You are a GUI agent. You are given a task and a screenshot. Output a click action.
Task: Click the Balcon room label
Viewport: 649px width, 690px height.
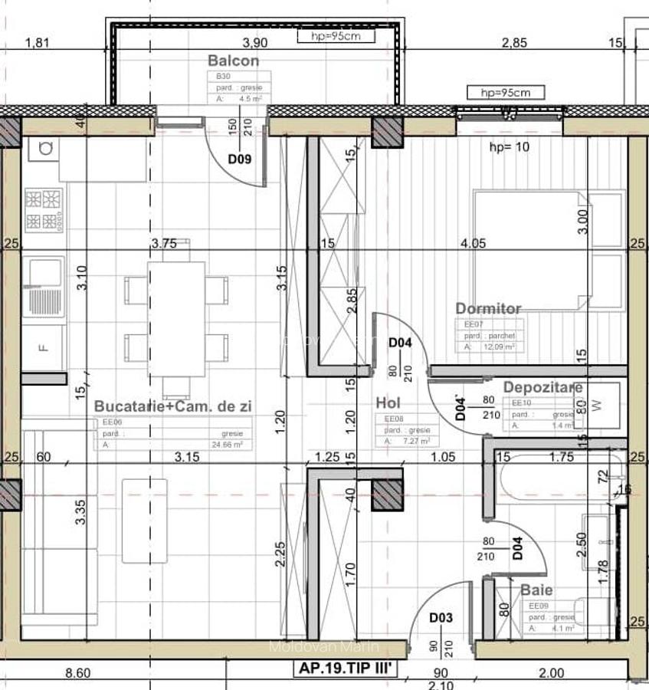coord(233,61)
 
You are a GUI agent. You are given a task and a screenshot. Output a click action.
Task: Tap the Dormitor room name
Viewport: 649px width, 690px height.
coord(488,308)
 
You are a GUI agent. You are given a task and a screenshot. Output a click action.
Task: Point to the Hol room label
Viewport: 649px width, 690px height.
coord(388,402)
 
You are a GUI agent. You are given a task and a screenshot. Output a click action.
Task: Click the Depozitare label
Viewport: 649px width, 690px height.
coord(542,387)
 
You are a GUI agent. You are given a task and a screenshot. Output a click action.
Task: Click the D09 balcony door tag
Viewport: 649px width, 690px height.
coord(239,159)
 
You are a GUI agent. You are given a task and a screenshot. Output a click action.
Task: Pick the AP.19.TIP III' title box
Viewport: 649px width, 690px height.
coord(346,669)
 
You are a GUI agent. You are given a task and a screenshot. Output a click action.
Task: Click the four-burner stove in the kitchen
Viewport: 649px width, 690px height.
coord(44,210)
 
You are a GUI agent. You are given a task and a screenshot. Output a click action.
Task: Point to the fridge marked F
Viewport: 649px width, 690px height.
coord(44,347)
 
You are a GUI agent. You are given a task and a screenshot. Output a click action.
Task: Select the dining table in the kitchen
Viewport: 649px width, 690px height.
coord(176,318)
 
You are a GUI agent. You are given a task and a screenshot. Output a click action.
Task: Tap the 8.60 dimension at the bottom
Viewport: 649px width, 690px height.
coord(78,673)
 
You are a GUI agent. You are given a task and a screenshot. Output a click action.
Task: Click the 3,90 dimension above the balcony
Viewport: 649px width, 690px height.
coord(254,43)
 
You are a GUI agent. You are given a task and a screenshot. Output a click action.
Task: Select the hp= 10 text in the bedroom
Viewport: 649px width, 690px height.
coord(509,147)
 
